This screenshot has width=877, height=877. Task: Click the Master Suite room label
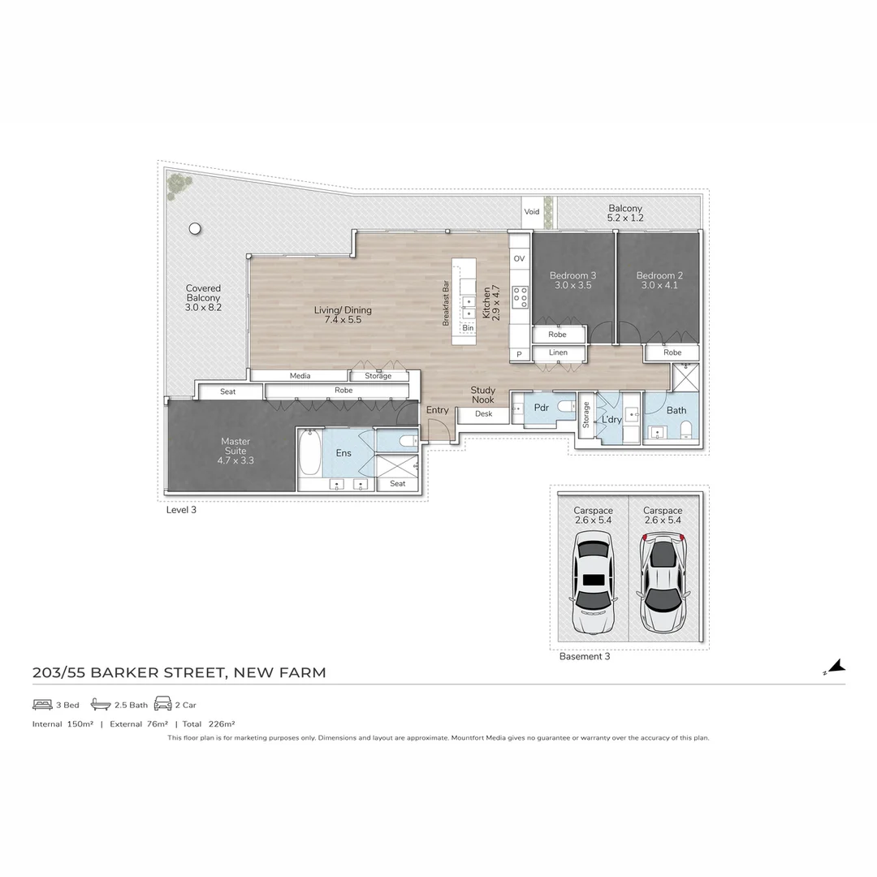click(x=235, y=451)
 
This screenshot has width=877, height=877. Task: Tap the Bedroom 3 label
click(x=572, y=280)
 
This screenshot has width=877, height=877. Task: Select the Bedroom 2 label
click(x=659, y=280)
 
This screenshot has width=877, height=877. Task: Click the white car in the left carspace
click(x=594, y=581)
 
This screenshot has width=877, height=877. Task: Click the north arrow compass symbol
click(x=836, y=667)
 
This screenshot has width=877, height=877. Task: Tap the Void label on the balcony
click(x=531, y=212)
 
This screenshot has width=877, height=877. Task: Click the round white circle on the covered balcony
click(x=195, y=229)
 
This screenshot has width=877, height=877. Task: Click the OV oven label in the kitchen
click(x=519, y=259)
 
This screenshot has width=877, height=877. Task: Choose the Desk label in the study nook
click(x=483, y=414)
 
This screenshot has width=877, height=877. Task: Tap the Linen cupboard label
click(x=558, y=353)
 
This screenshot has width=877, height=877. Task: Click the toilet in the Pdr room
click(x=565, y=408)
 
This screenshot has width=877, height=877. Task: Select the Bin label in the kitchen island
click(x=468, y=328)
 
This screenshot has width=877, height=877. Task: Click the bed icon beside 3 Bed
click(x=42, y=704)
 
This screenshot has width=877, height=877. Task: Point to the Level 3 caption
click(x=181, y=510)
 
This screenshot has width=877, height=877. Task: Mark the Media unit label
click(x=300, y=376)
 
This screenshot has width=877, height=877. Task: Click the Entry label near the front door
click(x=437, y=410)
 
